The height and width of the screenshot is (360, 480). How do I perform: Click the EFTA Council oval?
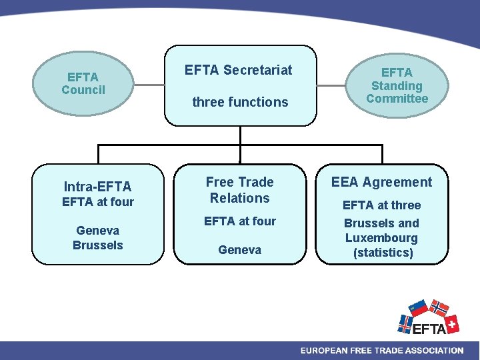[x=83, y=84]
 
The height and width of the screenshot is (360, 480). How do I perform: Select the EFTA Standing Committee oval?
[x=397, y=85]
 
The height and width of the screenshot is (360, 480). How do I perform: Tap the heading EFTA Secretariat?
[x=239, y=70]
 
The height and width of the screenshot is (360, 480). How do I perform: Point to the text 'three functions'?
[x=240, y=102]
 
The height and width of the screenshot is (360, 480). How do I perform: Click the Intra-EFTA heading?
[x=97, y=187]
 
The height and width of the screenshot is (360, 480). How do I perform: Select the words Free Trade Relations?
[x=239, y=190]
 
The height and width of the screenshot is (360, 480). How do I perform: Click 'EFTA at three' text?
[x=381, y=205]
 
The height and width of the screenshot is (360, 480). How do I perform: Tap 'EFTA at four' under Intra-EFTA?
[x=97, y=202]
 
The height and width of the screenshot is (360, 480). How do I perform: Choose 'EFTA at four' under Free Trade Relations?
[x=239, y=221]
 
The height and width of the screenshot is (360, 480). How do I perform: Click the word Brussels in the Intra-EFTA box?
[x=98, y=245]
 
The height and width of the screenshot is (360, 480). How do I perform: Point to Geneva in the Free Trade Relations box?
[x=239, y=250]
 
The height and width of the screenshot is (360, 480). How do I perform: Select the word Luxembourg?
[x=381, y=238]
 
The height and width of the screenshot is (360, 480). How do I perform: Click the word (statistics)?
[x=383, y=253]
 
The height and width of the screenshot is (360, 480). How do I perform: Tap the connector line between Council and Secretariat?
[x=149, y=85]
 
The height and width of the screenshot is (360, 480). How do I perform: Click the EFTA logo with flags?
[x=428, y=319]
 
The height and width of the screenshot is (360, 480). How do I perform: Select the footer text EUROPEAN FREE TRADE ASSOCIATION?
[x=381, y=351]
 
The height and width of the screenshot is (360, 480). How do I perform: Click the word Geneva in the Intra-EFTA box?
[x=97, y=231]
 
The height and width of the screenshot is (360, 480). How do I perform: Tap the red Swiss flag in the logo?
[x=451, y=324]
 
